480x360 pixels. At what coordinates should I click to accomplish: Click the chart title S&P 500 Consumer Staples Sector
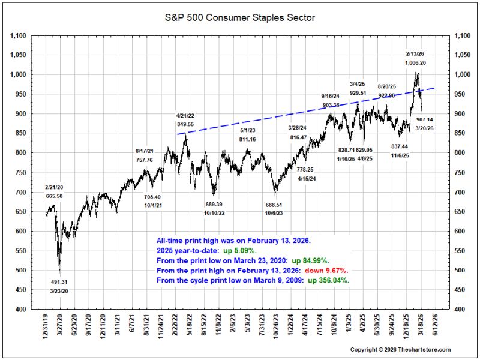tap(239, 18)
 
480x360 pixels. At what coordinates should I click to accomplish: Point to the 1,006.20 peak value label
tap(415, 63)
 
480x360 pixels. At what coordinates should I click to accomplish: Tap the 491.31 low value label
tap(59, 282)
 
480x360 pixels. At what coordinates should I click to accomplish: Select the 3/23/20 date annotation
tap(59, 291)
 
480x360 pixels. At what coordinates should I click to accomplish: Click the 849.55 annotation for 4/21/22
tap(185, 124)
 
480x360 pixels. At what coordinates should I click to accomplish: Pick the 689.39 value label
tap(214, 204)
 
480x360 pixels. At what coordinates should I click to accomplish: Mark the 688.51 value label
tap(274, 205)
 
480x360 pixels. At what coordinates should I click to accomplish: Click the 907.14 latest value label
tap(425, 119)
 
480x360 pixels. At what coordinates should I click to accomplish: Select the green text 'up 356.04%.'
tap(328, 280)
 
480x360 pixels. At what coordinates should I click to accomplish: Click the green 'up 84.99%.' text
tap(310, 261)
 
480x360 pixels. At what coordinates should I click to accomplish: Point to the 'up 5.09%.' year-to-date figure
tap(239, 251)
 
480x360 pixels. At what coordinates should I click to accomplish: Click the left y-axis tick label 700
tap(20, 192)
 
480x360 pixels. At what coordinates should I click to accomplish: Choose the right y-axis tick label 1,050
tap(462, 55)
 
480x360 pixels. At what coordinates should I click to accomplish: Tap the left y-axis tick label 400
tap(20, 309)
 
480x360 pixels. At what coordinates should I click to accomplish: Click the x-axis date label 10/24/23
tap(276, 325)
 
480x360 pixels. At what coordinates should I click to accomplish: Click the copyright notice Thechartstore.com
tap(400, 350)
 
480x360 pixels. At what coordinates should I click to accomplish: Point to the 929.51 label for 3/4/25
tap(358, 93)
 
